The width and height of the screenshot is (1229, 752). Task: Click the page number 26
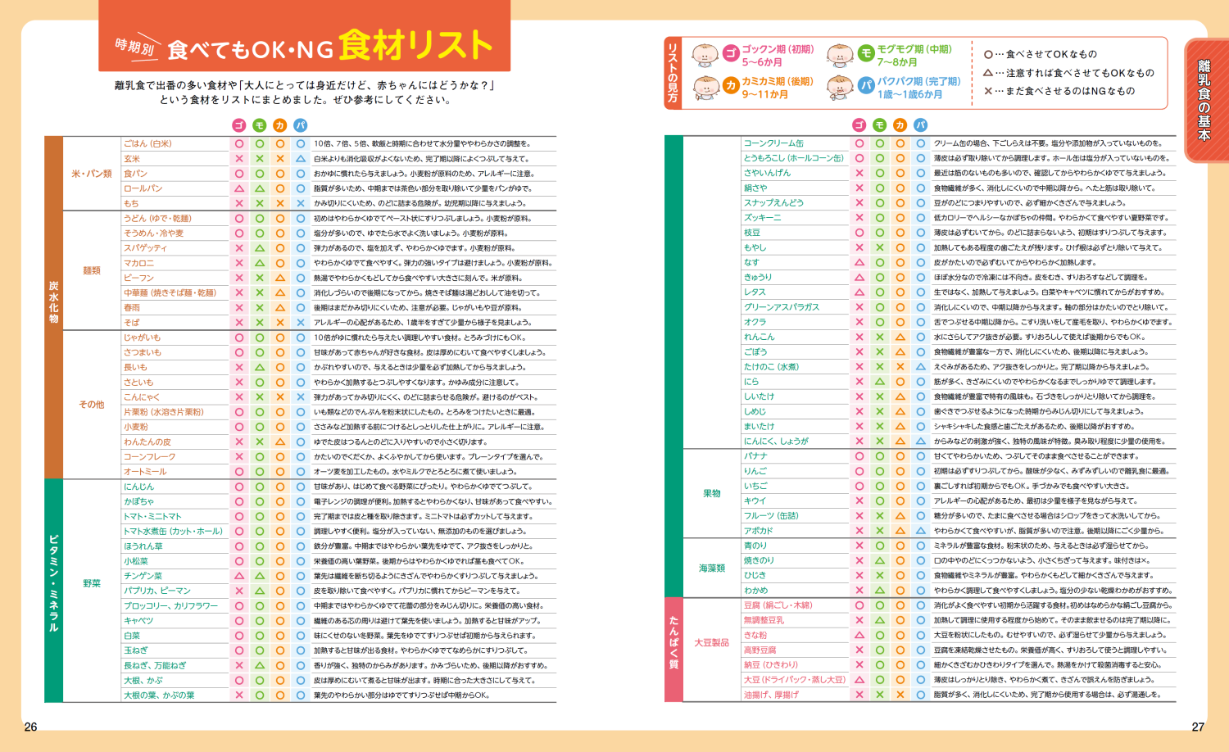(31, 727)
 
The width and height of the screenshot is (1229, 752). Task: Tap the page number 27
(1198, 727)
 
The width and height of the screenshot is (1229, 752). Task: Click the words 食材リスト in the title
(415, 45)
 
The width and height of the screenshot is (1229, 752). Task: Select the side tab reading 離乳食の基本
(1204, 99)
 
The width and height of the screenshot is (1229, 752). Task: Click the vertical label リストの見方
(673, 74)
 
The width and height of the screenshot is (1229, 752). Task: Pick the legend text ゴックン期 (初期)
(778, 49)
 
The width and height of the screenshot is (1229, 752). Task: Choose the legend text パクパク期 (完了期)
(918, 81)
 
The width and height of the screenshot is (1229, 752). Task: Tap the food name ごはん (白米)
(147, 143)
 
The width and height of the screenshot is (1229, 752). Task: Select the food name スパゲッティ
(145, 248)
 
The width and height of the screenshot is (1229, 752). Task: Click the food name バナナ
(755, 456)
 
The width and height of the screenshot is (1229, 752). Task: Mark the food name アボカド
(758, 531)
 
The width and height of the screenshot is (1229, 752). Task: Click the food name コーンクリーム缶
(773, 143)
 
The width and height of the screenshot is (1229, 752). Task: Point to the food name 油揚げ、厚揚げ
(771, 695)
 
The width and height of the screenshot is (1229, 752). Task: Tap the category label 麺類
(92, 270)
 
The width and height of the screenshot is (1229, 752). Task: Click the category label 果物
(711, 493)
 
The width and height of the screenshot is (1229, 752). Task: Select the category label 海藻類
(711, 568)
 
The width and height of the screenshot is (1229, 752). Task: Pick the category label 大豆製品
(711, 642)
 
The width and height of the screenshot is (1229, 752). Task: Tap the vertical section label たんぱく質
(673, 643)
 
